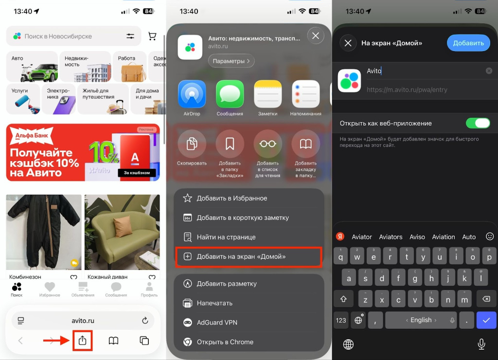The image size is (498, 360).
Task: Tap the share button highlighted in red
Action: (82, 341)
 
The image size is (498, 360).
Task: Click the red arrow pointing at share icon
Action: (55, 341)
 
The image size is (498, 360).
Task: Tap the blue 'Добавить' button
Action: (468, 43)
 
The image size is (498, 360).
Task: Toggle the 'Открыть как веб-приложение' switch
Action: (478, 123)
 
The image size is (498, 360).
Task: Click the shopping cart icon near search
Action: (152, 36)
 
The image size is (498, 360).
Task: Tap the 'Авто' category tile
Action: (32, 66)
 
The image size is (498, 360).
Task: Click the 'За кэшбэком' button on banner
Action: (137, 173)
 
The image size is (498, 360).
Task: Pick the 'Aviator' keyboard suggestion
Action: (362, 237)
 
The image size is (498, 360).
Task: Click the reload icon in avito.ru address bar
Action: (144, 321)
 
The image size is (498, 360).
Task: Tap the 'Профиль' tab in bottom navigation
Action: (149, 289)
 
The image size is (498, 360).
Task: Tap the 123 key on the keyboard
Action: (341, 320)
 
